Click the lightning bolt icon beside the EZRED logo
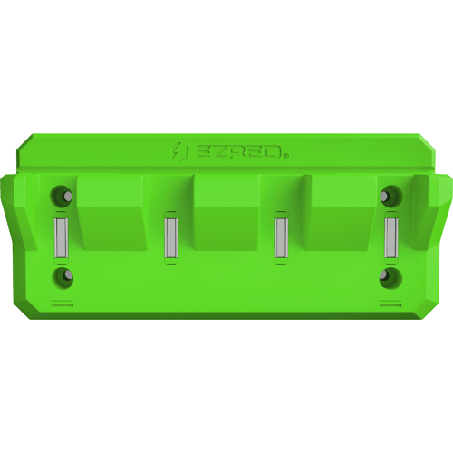pyautogui.click(x=176, y=151)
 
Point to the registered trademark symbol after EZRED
pyautogui.click(x=285, y=156)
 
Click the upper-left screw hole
pyautogui.click(x=62, y=195)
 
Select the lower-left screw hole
pyautogui.click(x=62, y=277)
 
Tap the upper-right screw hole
pyautogui.click(x=391, y=195)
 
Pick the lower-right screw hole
pyautogui.click(x=391, y=277)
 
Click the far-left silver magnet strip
pyautogui.click(x=61, y=237)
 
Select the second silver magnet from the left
pyautogui.click(x=170, y=237)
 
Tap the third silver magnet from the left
pyautogui.click(x=281, y=237)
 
